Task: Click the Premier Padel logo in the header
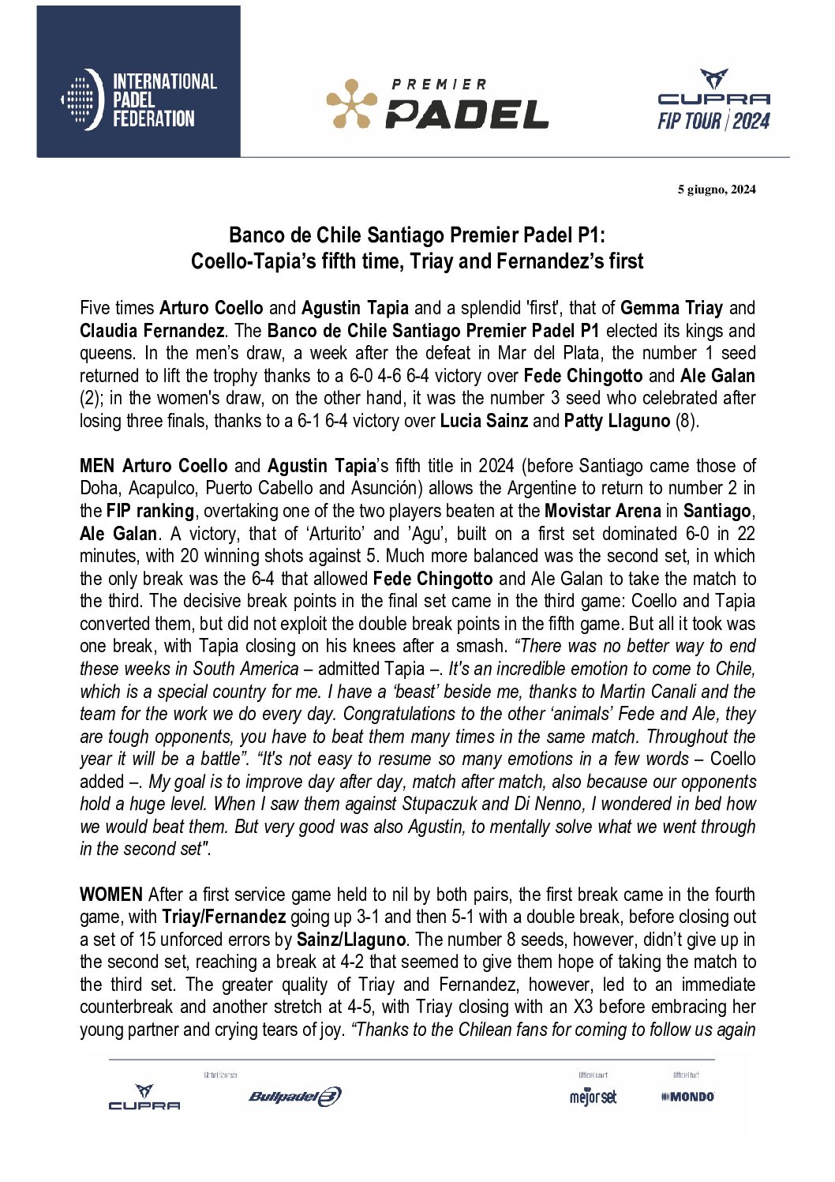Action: click(x=437, y=103)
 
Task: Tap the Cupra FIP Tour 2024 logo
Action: click(x=713, y=99)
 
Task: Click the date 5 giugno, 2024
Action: click(x=716, y=189)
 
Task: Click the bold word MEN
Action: click(x=97, y=466)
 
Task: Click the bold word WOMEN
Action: click(x=110, y=895)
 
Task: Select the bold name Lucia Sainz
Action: click(x=483, y=421)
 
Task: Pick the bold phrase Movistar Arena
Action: click(x=602, y=511)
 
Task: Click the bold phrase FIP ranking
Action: click(x=150, y=511)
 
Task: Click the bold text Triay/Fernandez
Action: click(x=223, y=917)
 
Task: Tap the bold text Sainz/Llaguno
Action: click(x=350, y=940)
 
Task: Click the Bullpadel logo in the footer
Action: click(x=294, y=1096)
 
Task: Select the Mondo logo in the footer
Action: click(x=687, y=1097)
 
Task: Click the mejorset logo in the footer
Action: click(x=593, y=1097)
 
